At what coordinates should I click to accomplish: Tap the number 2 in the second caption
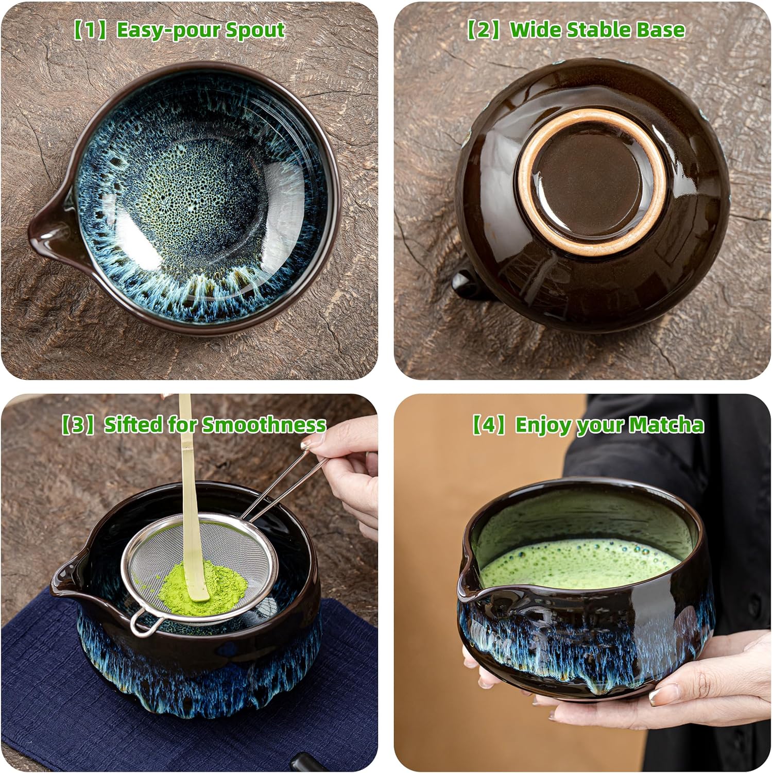tap(485, 30)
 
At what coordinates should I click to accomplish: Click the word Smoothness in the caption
tap(264, 425)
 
